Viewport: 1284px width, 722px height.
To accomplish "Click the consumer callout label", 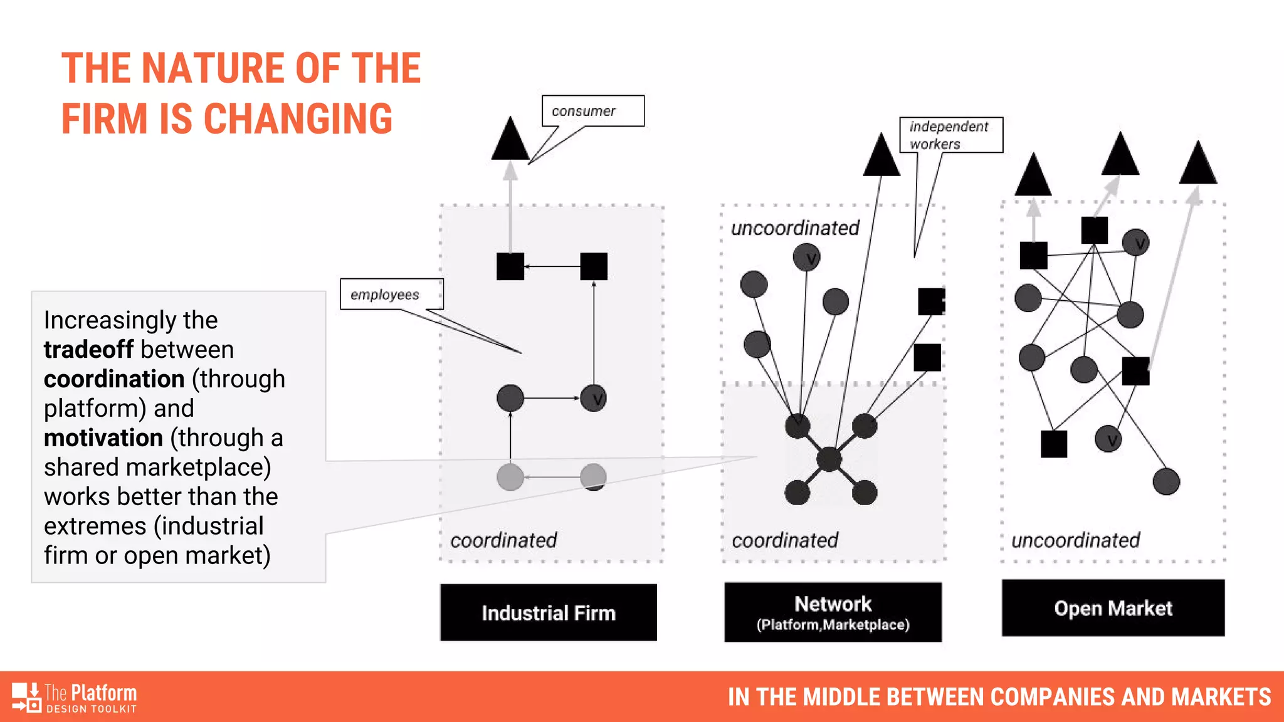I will coord(592,111).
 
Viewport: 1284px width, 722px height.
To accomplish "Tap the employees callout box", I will coord(391,295).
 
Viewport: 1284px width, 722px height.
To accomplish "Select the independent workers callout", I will coord(950,135).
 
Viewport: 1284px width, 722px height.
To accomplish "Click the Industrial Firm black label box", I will coord(549,612).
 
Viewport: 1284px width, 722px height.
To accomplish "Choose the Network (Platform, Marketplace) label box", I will coord(833,612).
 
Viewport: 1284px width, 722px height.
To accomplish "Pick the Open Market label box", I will coord(1113,608).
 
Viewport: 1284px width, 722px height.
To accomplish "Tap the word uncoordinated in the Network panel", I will coord(795,228).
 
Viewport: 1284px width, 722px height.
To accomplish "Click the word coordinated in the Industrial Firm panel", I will coord(503,540).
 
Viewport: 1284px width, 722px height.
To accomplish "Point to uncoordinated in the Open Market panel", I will coord(1075,540).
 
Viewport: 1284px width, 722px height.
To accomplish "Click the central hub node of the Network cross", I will coord(829,459).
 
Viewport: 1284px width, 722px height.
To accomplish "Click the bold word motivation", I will coord(103,438).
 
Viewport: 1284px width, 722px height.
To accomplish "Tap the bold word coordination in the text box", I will coord(114,379).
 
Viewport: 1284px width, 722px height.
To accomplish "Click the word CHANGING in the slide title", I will coord(298,119).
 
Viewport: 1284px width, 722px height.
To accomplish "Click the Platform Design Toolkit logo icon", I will coord(26,698).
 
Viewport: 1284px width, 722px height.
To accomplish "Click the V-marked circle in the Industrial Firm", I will coord(593,398).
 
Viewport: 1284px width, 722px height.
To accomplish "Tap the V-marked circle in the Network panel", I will coord(806,257).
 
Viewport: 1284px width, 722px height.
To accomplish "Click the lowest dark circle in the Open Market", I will coord(1166,481).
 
